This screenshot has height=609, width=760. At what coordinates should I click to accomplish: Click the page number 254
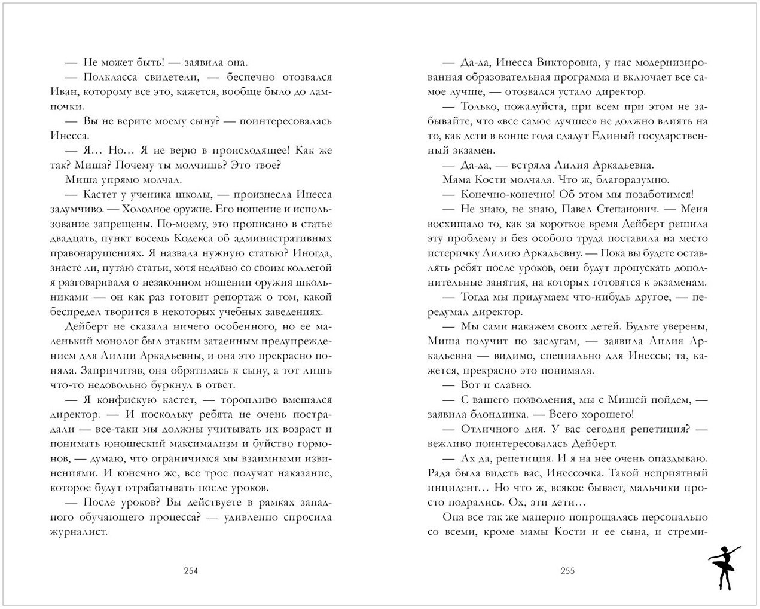click(190, 570)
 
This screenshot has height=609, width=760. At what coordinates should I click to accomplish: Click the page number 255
click(567, 570)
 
